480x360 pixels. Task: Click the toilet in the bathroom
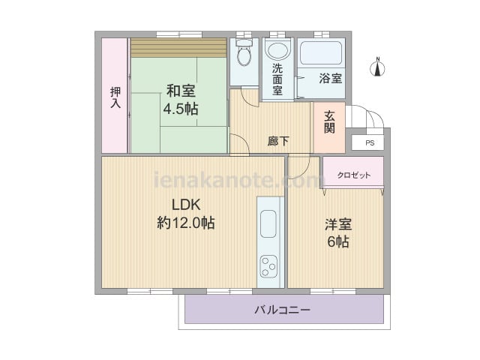point(244,52)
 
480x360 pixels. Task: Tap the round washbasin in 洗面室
point(277,50)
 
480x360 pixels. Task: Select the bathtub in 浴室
point(321,52)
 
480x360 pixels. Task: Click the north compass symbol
point(378,67)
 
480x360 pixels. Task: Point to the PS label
point(370,143)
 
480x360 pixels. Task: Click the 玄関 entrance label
point(329,121)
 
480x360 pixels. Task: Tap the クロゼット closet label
point(353,175)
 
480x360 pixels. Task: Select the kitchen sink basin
point(268,223)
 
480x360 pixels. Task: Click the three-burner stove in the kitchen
point(268,266)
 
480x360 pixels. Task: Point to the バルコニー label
point(282,310)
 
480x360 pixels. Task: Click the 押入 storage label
point(115,97)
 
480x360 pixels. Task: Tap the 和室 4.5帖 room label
point(181,100)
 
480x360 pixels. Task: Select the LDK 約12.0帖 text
point(186,214)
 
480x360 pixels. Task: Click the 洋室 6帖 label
point(338,233)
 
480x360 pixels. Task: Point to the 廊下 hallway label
point(278,141)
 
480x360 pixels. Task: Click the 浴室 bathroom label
point(330,78)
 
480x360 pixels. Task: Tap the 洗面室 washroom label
point(277,79)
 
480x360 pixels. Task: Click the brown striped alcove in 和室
point(178,47)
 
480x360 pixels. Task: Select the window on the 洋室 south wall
point(333,291)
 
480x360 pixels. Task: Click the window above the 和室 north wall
point(179,34)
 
